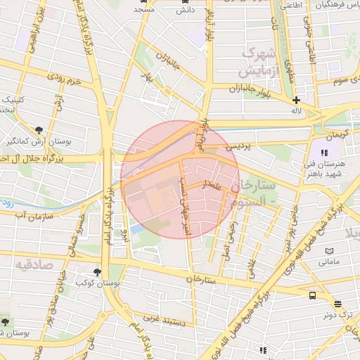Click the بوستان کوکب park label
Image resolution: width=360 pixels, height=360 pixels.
95,282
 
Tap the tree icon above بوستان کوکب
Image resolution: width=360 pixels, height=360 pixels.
97,271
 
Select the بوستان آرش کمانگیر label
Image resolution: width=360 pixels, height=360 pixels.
27,142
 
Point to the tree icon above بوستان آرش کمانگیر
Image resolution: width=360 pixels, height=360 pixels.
39,130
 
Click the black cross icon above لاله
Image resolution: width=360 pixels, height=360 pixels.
297,100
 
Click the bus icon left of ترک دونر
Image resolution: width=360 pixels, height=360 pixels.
312,295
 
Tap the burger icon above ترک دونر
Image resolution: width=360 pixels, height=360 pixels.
338,304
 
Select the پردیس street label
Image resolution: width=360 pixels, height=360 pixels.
237,146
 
